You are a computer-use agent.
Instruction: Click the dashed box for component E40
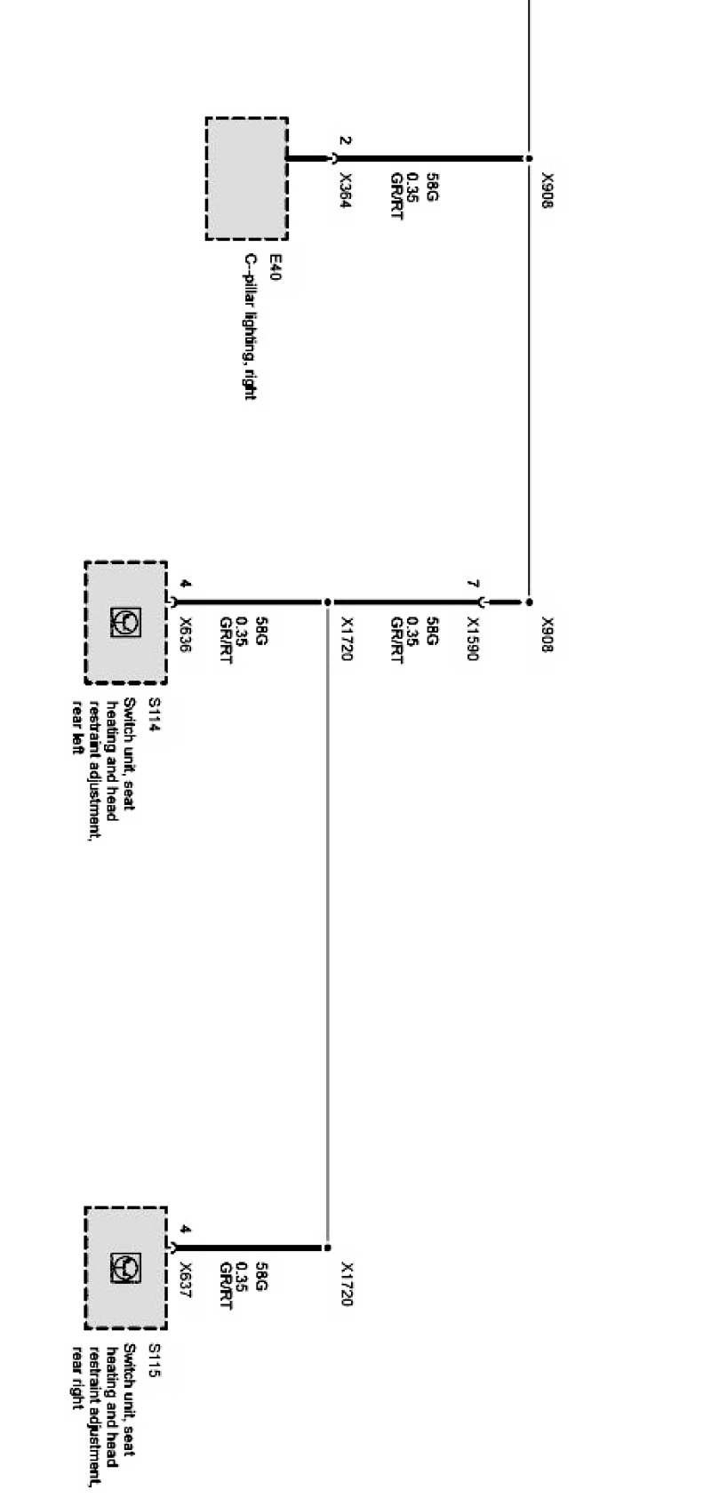pos(246,179)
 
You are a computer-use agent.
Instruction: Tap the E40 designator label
pos(276,267)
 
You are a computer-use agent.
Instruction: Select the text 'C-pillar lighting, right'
pos(251,327)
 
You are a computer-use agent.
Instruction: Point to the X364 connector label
pos(346,191)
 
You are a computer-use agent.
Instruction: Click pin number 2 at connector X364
pos(346,141)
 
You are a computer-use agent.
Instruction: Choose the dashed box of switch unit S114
pos(125,623)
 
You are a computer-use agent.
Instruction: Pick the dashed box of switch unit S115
pos(125,1268)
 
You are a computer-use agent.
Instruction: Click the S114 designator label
pos(154,715)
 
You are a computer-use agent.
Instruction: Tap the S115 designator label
pos(154,1360)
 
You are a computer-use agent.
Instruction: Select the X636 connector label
pos(186,635)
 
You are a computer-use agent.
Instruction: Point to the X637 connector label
pos(186,1280)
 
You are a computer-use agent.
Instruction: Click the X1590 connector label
pos(473,639)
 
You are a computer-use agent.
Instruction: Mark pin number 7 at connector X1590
pos(474,585)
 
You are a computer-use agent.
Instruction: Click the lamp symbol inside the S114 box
pos(125,623)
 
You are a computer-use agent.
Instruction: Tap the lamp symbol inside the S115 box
pos(125,1268)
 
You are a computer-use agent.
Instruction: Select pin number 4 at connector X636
pos(185,585)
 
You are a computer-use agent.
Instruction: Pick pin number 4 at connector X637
pos(185,1230)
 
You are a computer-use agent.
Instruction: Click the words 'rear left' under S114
pos(77,727)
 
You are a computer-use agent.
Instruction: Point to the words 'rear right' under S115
pos(77,1375)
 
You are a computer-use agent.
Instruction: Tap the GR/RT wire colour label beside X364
pos(396,196)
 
